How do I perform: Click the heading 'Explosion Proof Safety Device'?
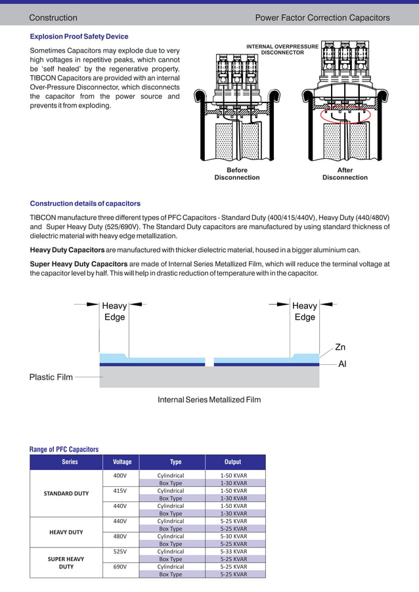tap(79, 37)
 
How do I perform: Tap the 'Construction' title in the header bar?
tap(53, 18)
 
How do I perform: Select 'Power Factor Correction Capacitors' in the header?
tap(322, 18)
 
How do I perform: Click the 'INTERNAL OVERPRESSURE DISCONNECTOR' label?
tap(282, 49)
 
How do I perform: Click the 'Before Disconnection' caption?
tap(236, 174)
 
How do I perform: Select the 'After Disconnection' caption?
tap(345, 174)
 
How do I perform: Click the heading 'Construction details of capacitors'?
tap(85, 203)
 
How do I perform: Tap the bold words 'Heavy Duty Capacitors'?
tap(67, 250)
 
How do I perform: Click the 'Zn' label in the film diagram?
tap(340, 347)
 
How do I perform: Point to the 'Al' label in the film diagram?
tap(342, 364)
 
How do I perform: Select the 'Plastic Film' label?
tap(51, 377)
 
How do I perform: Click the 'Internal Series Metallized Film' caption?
tap(209, 400)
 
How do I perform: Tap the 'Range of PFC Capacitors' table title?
tap(64, 449)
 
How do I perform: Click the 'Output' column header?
tap(232, 462)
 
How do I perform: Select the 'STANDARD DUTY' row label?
tap(66, 493)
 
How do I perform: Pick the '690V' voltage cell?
tap(120, 566)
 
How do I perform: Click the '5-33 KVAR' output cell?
tap(234, 551)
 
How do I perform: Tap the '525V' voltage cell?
tap(120, 551)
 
